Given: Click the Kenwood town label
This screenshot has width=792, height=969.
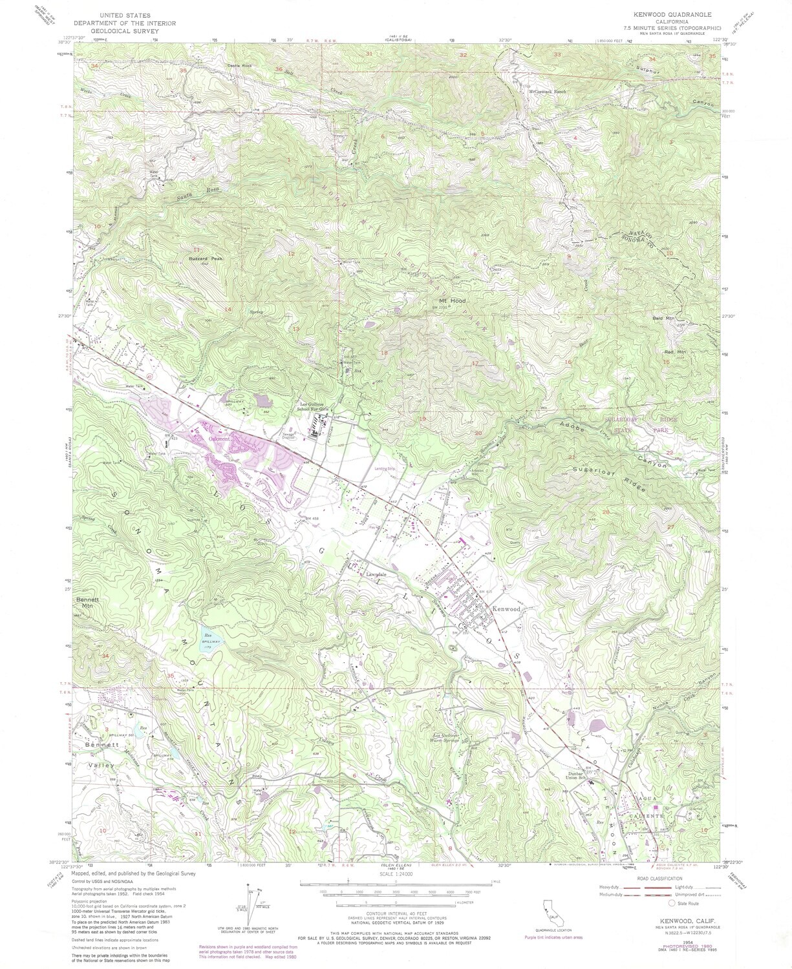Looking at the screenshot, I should [506, 609].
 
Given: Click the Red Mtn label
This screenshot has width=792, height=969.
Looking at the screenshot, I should [674, 351].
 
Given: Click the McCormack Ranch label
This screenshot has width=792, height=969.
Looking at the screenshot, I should [547, 92].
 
